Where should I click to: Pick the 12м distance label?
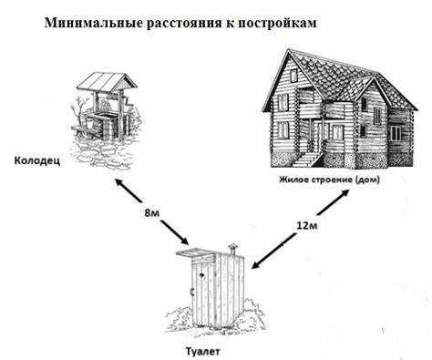[x=307, y=222]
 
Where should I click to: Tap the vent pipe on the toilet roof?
[x=234, y=245]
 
